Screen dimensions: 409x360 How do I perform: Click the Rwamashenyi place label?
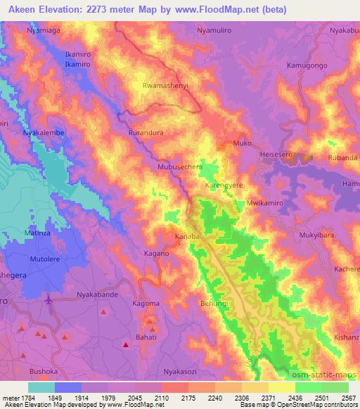pyautogui.click(x=165, y=86)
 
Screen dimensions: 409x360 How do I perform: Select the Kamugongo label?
pyautogui.click(x=307, y=65)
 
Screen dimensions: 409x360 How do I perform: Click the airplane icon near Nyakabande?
pyautogui.click(x=49, y=301)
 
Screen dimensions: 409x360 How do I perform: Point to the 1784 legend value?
pyautogui.click(x=21, y=397)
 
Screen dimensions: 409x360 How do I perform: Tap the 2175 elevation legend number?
pyautogui.click(x=189, y=397)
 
